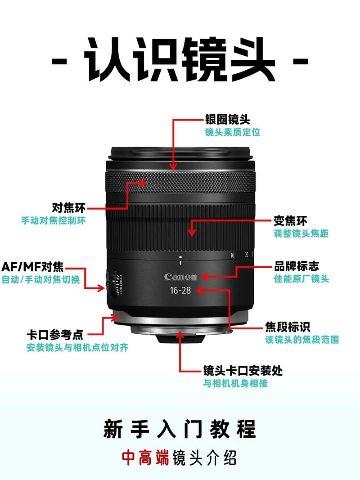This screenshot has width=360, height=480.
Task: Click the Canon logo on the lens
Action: [180, 276]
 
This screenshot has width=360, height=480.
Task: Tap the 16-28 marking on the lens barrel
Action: [180, 290]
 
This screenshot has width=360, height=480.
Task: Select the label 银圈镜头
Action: [227, 120]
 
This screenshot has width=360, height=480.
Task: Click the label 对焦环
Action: [68, 208]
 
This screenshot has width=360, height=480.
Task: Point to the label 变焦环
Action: [290, 221]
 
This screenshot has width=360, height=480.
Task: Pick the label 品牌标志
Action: [297, 266]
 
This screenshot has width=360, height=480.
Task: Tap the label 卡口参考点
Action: [55, 335]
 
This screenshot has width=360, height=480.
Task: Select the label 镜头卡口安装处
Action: [243, 371]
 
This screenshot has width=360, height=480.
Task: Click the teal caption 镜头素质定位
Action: [232, 132]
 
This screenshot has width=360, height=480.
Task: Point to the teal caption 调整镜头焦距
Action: [301, 233]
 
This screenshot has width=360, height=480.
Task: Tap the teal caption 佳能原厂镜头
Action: [301, 279]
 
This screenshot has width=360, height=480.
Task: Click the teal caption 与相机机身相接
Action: [235, 384]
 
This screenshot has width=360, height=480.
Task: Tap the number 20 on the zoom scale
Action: [246, 255]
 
